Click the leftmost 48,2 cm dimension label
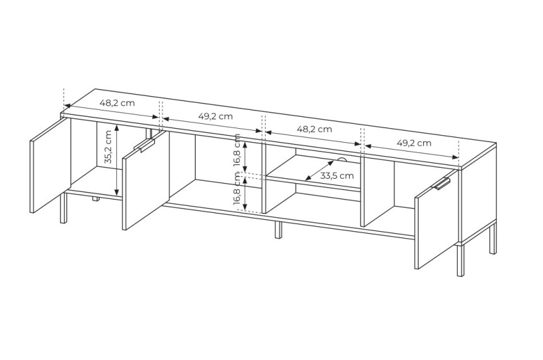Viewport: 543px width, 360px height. click(117, 103)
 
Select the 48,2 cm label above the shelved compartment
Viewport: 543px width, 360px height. click(314, 129)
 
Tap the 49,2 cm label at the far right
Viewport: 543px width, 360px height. click(414, 143)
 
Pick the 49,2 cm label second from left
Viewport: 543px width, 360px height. click(215, 116)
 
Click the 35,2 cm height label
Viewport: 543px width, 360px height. click(108, 147)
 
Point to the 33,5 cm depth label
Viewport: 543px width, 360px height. click(337, 176)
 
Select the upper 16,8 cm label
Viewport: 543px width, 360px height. click(237, 150)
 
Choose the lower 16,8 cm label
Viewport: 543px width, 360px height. click(237, 189)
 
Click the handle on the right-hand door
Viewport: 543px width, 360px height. click(443, 183)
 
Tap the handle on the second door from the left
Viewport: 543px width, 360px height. click(147, 145)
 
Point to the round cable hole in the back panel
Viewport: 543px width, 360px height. click(342, 159)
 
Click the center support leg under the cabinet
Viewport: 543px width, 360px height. click(278, 230)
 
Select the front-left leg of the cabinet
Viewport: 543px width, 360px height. click(63, 208)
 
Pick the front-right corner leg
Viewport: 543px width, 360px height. click(460, 260)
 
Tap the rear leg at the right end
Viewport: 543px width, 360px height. click(492, 239)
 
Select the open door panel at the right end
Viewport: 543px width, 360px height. click(436, 220)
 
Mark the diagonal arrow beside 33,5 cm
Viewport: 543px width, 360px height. click(319, 170)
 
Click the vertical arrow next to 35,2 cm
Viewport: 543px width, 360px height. click(117, 160)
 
